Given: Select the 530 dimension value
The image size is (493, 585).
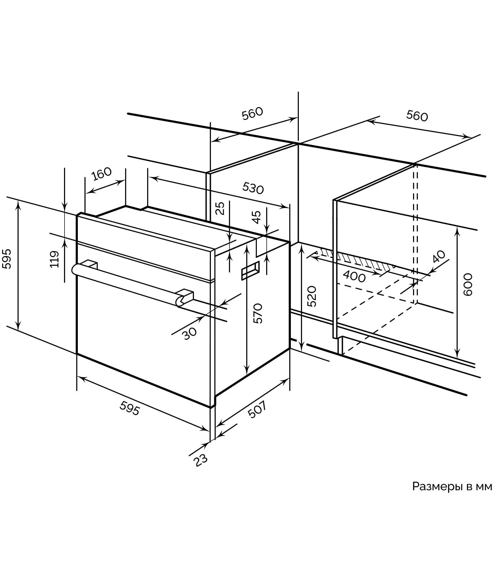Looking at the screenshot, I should [253, 188].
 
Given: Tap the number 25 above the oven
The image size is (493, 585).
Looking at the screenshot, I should [220, 208].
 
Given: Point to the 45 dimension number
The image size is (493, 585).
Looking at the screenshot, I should [256, 217].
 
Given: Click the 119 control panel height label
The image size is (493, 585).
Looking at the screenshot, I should [54, 259].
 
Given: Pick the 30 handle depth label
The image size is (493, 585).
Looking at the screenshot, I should [190, 333].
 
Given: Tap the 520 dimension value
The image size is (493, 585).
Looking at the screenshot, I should [311, 296].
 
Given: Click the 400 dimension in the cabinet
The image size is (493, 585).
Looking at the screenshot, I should [354, 277].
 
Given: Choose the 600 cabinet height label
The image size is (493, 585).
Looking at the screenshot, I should [467, 285].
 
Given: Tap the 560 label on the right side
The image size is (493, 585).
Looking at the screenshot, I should [417, 116].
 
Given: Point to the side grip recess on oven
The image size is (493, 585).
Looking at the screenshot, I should [250, 270].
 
